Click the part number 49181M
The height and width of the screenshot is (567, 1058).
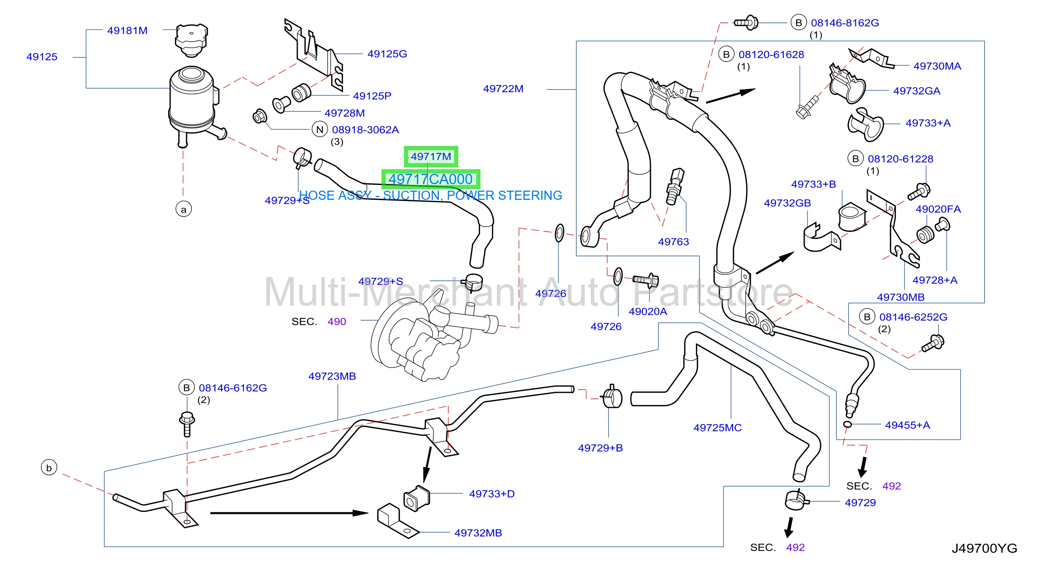(x=127, y=31)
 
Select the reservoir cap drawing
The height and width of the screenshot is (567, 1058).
(x=191, y=40)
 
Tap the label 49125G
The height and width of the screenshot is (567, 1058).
(x=387, y=54)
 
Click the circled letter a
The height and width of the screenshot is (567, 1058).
(x=183, y=209)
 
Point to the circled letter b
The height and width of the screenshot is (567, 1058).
(x=49, y=468)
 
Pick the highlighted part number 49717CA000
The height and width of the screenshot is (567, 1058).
(x=430, y=180)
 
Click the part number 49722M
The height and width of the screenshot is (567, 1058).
(x=503, y=89)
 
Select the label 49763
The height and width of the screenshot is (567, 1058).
(x=673, y=242)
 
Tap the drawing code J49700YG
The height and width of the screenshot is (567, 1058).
(x=985, y=548)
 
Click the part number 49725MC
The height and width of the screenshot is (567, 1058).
(x=717, y=428)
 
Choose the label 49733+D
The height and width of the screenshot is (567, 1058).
(x=492, y=494)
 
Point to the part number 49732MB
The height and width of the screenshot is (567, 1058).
(x=478, y=533)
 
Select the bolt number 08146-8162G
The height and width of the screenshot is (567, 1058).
(x=845, y=23)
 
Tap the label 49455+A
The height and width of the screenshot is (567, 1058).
(x=907, y=425)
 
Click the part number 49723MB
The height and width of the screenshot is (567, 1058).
(x=332, y=376)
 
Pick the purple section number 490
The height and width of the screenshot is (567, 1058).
(x=337, y=321)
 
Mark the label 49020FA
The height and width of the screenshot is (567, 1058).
(x=938, y=209)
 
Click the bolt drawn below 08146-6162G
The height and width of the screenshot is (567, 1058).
(x=187, y=424)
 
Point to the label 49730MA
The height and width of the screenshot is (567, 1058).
(x=937, y=66)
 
